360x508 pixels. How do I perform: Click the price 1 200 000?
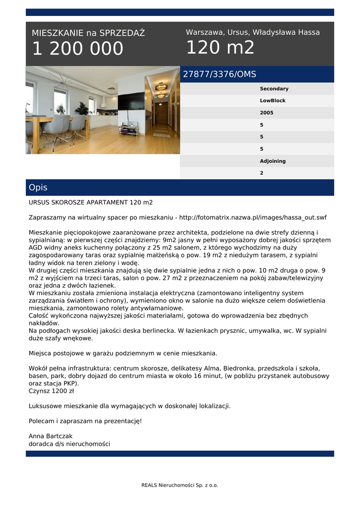tap(77, 49)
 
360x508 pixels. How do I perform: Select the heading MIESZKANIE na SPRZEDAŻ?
tap(88, 33)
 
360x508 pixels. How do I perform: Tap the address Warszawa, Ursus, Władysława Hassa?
tap(253, 32)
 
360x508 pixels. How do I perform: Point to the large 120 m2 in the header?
tap(220, 48)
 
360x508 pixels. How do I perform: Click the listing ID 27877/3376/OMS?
tap(219, 74)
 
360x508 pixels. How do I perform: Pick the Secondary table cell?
tap(274, 89)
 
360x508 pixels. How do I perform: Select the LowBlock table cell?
tap(273, 101)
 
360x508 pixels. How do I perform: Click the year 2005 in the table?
tap(267, 113)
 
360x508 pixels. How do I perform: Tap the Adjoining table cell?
tap(273, 161)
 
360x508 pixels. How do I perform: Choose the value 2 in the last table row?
tap(262, 173)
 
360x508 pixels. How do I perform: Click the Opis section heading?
tap(38, 188)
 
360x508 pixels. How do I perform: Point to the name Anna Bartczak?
tap(50, 436)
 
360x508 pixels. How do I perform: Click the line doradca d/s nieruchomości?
tap(69, 444)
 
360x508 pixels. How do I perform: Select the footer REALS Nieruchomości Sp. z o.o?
tap(180, 485)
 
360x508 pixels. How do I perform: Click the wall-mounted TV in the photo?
tap(131, 101)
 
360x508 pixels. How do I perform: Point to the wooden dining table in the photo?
tap(55, 121)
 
